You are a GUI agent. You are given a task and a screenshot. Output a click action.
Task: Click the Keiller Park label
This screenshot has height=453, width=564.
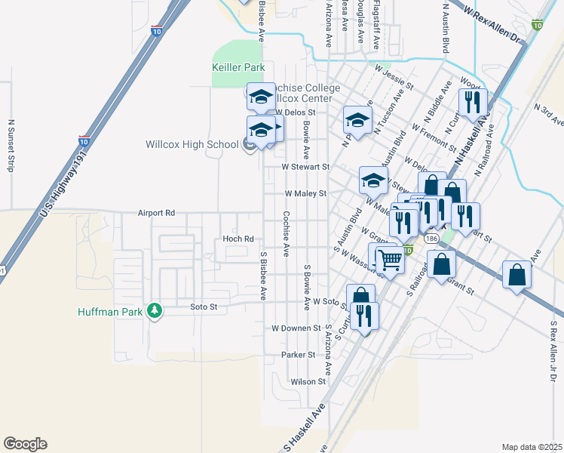[238, 68]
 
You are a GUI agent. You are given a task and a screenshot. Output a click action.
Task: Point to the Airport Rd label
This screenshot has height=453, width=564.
[156, 214]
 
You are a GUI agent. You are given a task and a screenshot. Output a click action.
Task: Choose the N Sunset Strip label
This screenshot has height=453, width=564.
[11, 145]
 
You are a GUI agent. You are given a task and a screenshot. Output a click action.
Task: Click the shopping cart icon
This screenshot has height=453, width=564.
[390, 260]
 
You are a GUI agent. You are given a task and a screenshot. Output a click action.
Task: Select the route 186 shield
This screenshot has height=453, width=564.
[431, 238]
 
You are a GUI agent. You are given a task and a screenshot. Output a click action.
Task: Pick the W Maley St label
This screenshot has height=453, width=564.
[305, 193]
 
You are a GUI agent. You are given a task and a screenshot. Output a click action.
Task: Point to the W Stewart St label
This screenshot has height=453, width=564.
[305, 167]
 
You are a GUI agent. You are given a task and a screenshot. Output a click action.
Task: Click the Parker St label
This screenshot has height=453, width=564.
[297, 355]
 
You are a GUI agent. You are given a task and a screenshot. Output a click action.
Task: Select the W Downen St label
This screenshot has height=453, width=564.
[296, 329]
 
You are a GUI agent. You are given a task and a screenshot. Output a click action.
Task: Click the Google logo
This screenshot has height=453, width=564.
[25, 444]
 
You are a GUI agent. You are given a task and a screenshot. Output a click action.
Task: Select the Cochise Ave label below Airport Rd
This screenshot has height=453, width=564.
[286, 233]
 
